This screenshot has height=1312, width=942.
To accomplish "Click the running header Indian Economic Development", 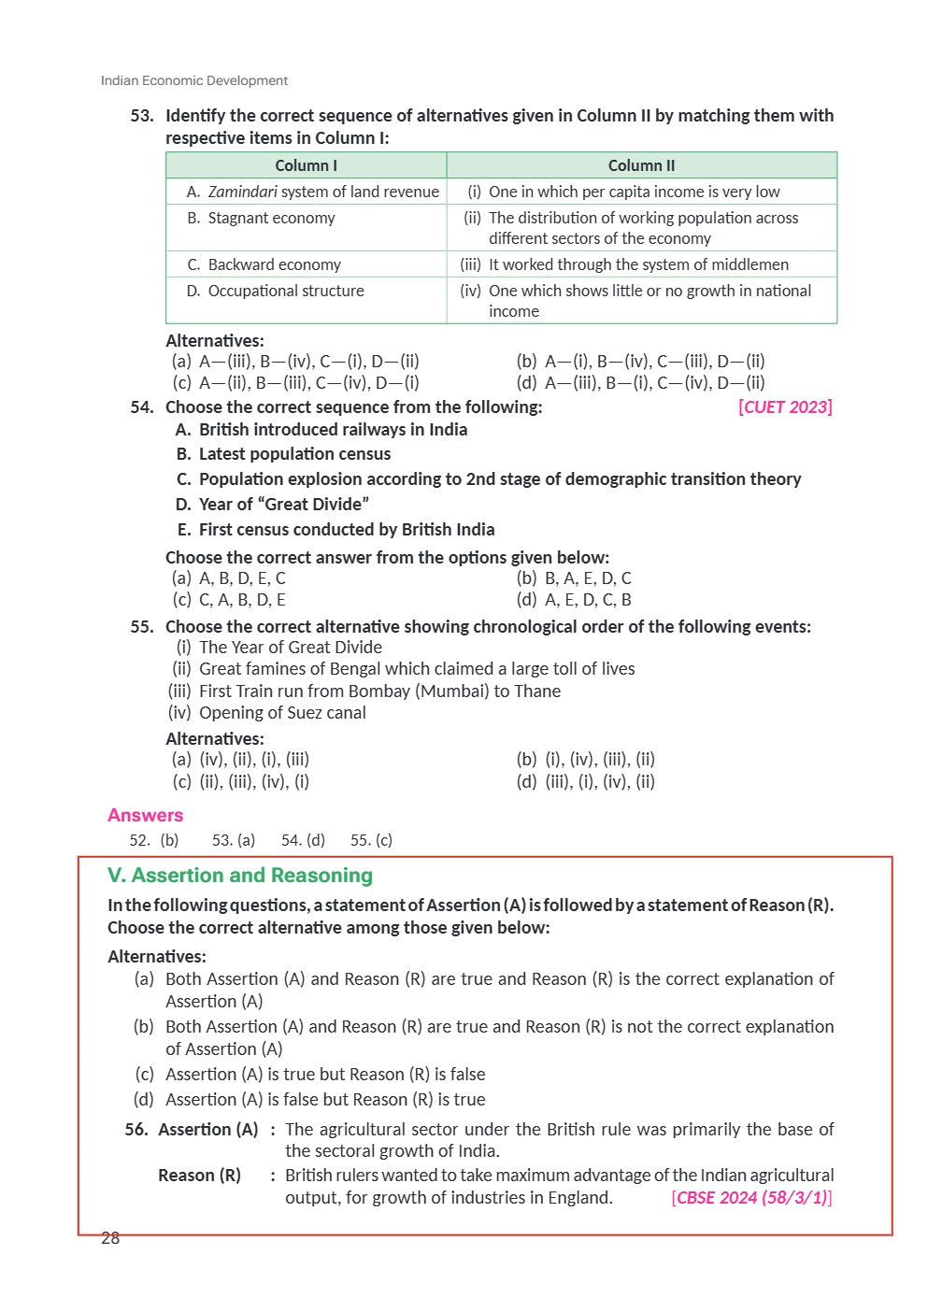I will tap(194, 80).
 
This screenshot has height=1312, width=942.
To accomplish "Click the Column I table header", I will tap(306, 165).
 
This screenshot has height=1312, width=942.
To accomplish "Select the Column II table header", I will tap(641, 165).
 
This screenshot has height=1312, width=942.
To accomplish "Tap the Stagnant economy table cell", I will tap(271, 218).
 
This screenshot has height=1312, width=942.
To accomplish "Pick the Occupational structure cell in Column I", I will tap(285, 291).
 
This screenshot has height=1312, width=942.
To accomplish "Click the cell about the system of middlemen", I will tap(638, 264).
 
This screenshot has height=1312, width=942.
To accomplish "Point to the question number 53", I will tap(142, 116).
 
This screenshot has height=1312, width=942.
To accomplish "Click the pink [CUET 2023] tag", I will tap(785, 406).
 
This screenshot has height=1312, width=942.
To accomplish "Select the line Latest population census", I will tap(294, 454).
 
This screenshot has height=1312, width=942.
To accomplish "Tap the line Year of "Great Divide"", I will tap(283, 505).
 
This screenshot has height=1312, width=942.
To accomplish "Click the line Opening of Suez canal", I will tap(282, 713).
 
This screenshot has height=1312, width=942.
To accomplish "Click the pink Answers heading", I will tap(145, 815).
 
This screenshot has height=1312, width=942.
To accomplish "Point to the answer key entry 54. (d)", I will tap(303, 840).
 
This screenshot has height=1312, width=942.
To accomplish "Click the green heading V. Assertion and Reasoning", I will tap(240, 876).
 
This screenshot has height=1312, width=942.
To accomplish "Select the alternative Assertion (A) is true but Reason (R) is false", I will tap(324, 1075).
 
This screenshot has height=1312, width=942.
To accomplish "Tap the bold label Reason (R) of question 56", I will tap(199, 1176).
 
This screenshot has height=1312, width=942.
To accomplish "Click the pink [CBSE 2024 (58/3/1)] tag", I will tap(751, 1198).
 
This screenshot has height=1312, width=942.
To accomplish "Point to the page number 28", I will tap(110, 1238).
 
